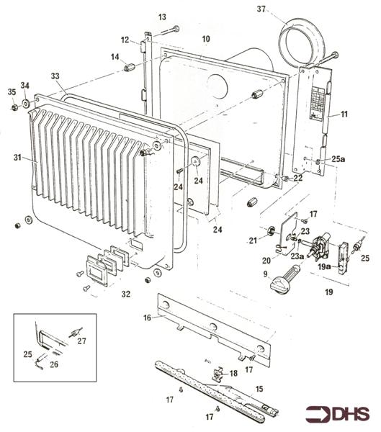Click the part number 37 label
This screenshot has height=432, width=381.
coord(261,9)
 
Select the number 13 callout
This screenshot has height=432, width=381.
coord(162,17)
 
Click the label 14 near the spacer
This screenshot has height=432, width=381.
coord(115,57)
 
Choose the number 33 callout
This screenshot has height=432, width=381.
coord(55,76)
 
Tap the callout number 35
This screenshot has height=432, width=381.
coord(11,91)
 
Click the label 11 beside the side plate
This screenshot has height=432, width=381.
coord(344,114)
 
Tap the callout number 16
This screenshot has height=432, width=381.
coord(147,317)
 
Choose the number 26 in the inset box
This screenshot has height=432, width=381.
coord(53,364)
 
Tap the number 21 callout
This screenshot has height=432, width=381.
coord(252,239)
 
